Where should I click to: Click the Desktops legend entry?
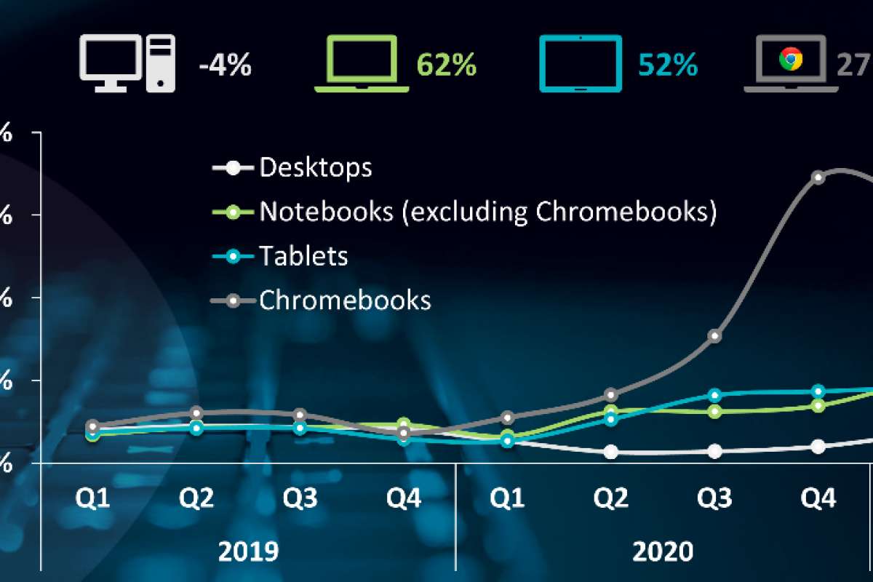(315, 167)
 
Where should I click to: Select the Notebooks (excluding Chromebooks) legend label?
(488, 212)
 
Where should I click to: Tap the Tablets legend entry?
(303, 256)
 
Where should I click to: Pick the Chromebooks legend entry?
(345, 300)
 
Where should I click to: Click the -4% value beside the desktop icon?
(225, 67)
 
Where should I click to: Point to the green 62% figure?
(447, 67)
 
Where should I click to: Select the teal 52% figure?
(668, 67)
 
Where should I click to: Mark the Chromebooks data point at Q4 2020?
(818, 178)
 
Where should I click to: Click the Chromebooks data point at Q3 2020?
(715, 335)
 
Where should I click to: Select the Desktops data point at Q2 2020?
(611, 452)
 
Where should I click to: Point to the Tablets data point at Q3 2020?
(715, 395)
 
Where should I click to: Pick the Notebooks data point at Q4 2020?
(818, 405)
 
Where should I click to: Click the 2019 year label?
(248, 551)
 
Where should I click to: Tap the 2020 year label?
(662, 551)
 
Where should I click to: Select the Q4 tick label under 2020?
(818, 499)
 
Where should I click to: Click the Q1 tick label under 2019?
(93, 499)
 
